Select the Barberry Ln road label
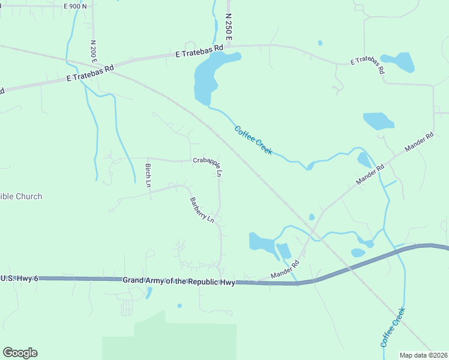[202, 210]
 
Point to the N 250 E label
[228, 28]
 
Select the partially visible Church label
[21, 196]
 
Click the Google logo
[20, 353]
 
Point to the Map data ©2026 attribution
[423, 355]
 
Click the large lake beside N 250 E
[210, 75]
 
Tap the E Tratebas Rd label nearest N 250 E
[199, 51]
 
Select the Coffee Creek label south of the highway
[393, 327]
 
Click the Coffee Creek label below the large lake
[253, 140]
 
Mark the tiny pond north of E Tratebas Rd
[320, 43]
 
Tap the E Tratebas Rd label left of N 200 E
[90, 73]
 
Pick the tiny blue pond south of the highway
[179, 306]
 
